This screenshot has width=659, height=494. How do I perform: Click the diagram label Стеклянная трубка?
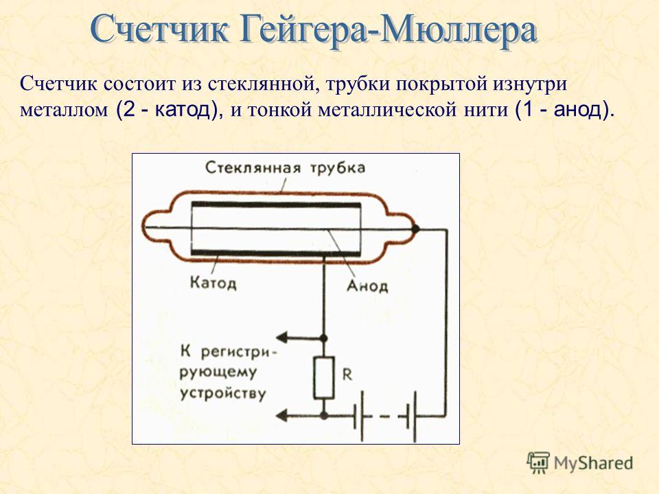click(x=285, y=167)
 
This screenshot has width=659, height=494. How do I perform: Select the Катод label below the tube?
click(x=213, y=282)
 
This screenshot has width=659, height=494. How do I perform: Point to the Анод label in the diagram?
click(x=367, y=287)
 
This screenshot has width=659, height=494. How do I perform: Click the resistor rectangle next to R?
click(x=324, y=377)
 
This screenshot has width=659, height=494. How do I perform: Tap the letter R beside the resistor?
click(x=347, y=374)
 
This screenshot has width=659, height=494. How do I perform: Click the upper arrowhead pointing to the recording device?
click(x=281, y=337)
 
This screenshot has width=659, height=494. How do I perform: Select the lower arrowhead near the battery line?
click(x=281, y=416)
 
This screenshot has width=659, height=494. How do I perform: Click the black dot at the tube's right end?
click(x=415, y=229)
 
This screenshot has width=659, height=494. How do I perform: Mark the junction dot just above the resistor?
click(x=324, y=338)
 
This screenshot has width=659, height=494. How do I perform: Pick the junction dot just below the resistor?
click(x=324, y=416)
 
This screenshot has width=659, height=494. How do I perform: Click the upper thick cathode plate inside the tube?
click(x=276, y=205)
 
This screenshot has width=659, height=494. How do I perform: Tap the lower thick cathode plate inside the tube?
click(x=276, y=252)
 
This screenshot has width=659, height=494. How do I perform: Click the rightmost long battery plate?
click(x=415, y=416)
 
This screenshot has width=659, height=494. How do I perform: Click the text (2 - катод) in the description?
click(x=167, y=110)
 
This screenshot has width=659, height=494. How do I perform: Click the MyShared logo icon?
click(x=538, y=463)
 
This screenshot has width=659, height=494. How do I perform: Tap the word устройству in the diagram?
click(x=222, y=394)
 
